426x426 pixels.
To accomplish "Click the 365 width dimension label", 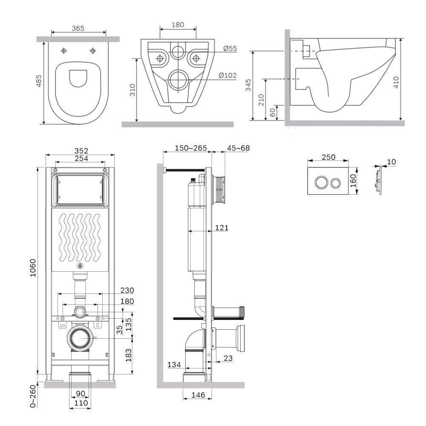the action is tap(78, 28).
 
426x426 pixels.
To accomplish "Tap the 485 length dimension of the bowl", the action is tap(39, 81).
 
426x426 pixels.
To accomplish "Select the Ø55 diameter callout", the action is tap(230, 49).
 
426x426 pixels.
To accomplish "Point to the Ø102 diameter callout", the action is tap(227, 75).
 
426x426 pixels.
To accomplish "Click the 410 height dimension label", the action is tap(396, 82).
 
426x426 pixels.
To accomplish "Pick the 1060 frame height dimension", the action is tap(33, 268).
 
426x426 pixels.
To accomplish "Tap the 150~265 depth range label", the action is tap(191, 148).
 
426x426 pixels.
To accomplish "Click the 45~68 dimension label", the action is tap(238, 148).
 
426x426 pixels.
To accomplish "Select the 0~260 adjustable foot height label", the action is tap(33, 396).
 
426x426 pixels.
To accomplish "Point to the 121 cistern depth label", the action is tap(222, 227).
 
